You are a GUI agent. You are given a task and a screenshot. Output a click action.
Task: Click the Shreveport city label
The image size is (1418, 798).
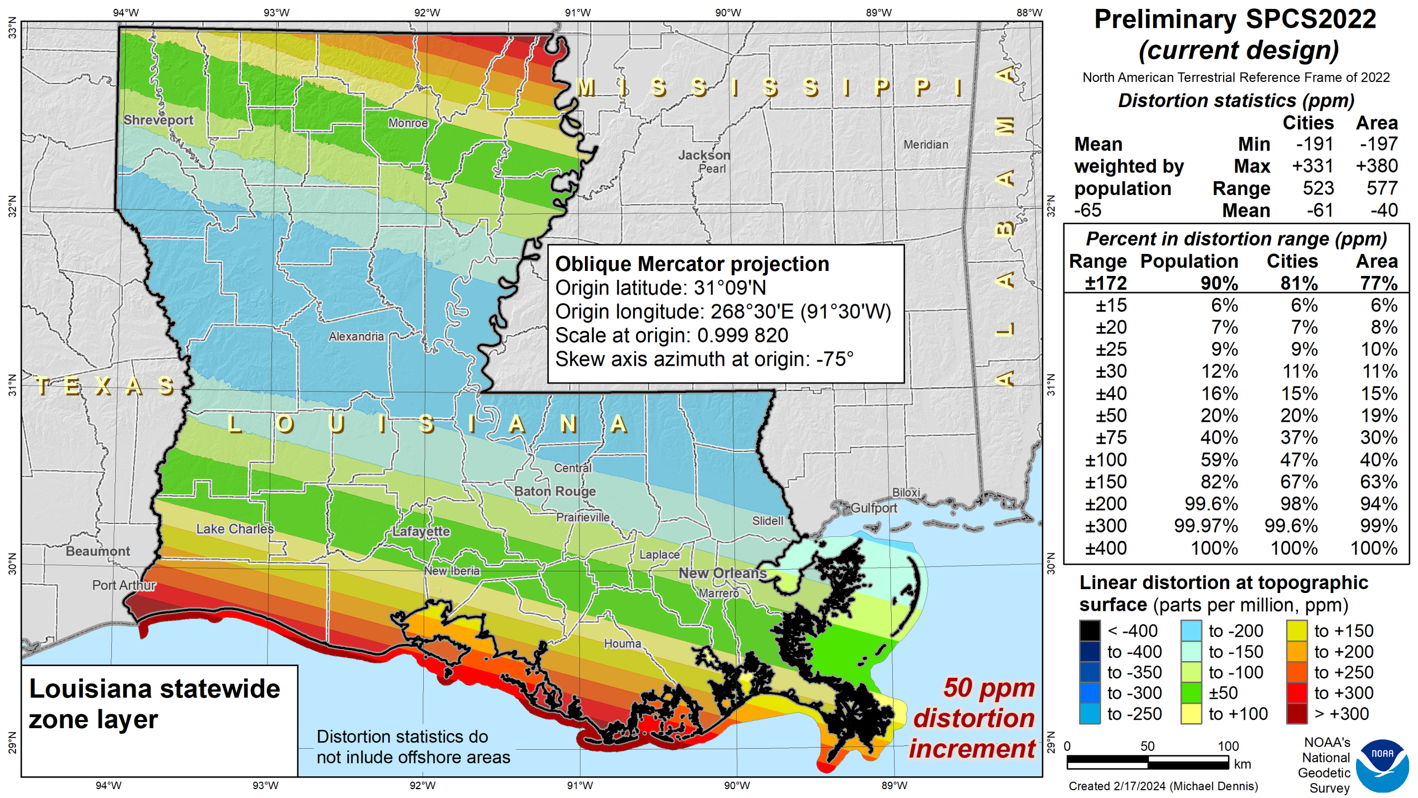click(x=158, y=120)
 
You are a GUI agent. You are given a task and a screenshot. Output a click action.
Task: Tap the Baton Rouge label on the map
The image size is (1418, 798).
click(x=554, y=491)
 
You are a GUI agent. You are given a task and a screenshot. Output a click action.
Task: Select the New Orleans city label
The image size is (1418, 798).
click(x=722, y=573)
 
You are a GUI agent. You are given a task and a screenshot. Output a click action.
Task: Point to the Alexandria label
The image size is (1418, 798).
click(x=356, y=336)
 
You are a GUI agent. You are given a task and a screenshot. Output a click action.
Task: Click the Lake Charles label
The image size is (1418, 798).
click(x=235, y=529)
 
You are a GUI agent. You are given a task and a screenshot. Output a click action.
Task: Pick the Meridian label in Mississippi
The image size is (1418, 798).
click(x=926, y=145)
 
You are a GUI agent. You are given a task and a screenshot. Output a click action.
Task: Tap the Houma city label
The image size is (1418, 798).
click(x=622, y=643)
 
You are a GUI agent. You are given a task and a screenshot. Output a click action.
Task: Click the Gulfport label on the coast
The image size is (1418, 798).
click(x=874, y=508)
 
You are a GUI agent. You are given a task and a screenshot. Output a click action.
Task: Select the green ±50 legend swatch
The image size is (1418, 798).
click(x=1190, y=693)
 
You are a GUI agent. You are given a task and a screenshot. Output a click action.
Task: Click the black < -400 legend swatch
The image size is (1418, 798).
click(x=1089, y=631)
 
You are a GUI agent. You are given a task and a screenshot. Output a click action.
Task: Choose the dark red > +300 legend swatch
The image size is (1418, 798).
click(x=1297, y=714)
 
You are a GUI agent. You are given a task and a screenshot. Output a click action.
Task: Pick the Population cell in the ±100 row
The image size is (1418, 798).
click(x=1219, y=460)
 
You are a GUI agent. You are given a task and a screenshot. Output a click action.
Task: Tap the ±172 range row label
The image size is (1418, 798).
click(x=1105, y=283)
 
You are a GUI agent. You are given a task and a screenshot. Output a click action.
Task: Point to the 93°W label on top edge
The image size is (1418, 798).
click(x=276, y=12)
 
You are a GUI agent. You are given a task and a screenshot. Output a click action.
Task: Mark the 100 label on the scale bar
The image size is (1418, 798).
click(x=1227, y=746)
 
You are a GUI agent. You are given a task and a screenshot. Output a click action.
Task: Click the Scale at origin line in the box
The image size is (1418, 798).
click(x=671, y=335)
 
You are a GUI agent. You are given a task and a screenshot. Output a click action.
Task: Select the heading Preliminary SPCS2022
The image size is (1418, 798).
click(x=1235, y=19)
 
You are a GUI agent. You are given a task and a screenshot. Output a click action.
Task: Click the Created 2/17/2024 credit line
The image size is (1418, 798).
click(x=1163, y=786)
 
